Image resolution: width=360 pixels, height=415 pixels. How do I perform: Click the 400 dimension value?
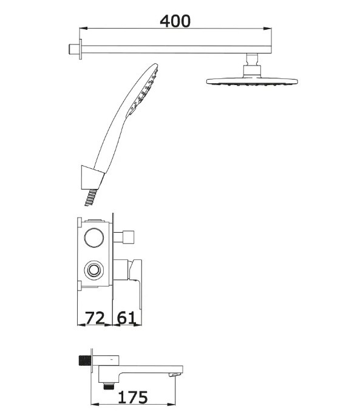(x=175, y=21)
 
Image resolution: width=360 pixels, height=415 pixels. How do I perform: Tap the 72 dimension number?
(x=95, y=318)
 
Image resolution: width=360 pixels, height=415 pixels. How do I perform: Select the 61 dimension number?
(x=126, y=318)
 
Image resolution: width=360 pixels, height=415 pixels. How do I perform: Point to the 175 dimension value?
(x=132, y=397)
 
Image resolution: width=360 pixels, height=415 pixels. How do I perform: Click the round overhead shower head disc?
(x=252, y=81)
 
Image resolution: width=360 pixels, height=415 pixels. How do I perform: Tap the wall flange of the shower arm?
(x=80, y=49)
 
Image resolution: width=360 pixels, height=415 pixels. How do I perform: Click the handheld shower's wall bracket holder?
(x=92, y=177)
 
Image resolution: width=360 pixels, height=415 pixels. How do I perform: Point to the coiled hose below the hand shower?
(x=90, y=197)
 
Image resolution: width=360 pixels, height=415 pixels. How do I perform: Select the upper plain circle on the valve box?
(x=94, y=238)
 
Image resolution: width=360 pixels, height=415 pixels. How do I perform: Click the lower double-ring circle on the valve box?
(x=94, y=270)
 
